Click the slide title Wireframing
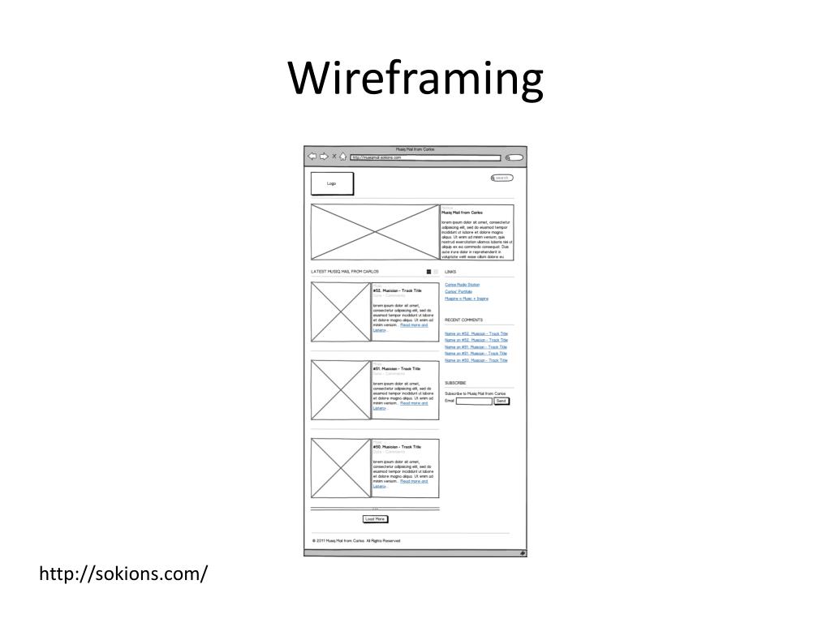[415, 79]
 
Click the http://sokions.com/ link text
[124, 574]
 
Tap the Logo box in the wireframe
[332, 184]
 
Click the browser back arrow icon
[312, 157]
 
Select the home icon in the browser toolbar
[343, 157]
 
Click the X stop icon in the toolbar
[334, 157]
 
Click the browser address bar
[425, 157]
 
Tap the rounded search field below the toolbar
[502, 178]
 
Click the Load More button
[375, 519]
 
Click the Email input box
[474, 401]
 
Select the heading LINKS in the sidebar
[450, 272]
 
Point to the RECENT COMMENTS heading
[463, 320]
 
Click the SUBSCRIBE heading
[455, 383]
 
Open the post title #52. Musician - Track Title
[397, 290]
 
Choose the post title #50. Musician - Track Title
[397, 447]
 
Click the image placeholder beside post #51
[341, 390]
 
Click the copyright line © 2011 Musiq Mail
[356, 541]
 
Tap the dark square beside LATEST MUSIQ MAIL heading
[428, 272]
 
